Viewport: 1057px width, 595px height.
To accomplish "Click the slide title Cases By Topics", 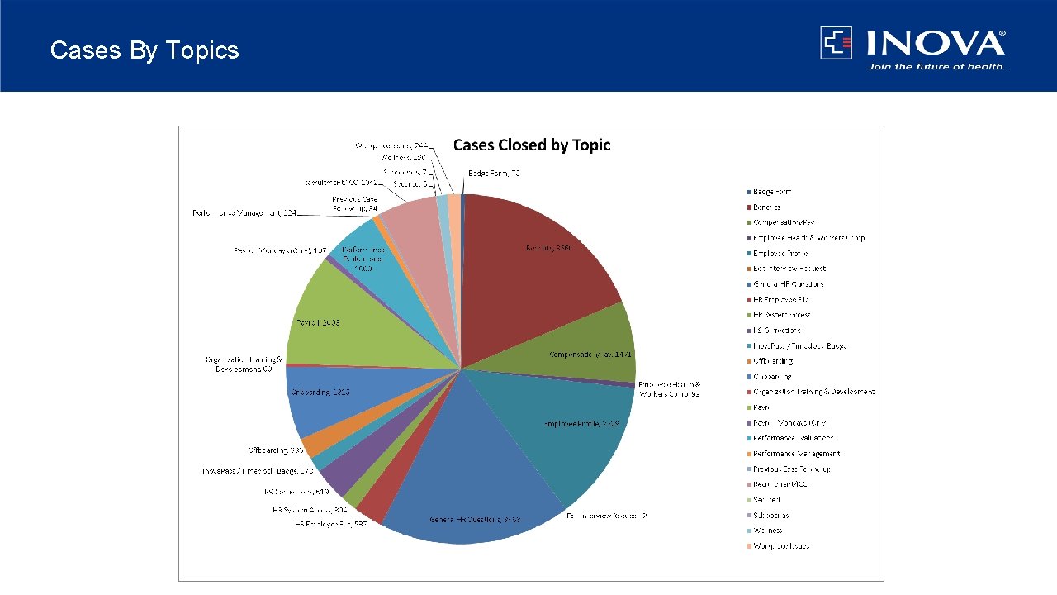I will coord(145,50).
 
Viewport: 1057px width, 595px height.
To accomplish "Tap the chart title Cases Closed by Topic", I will coord(532,145).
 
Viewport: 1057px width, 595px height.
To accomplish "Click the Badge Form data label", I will coord(494,173).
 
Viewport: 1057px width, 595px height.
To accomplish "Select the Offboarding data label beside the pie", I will coord(276,450).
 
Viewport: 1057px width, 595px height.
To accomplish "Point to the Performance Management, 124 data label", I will coord(244,213).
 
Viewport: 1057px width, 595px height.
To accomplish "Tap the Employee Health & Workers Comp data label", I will coord(669,389).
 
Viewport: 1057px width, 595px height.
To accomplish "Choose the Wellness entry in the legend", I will coord(767,531).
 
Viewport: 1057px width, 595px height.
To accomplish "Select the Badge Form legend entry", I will coord(771,192).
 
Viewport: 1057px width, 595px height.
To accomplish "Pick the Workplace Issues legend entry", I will coord(780,545).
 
